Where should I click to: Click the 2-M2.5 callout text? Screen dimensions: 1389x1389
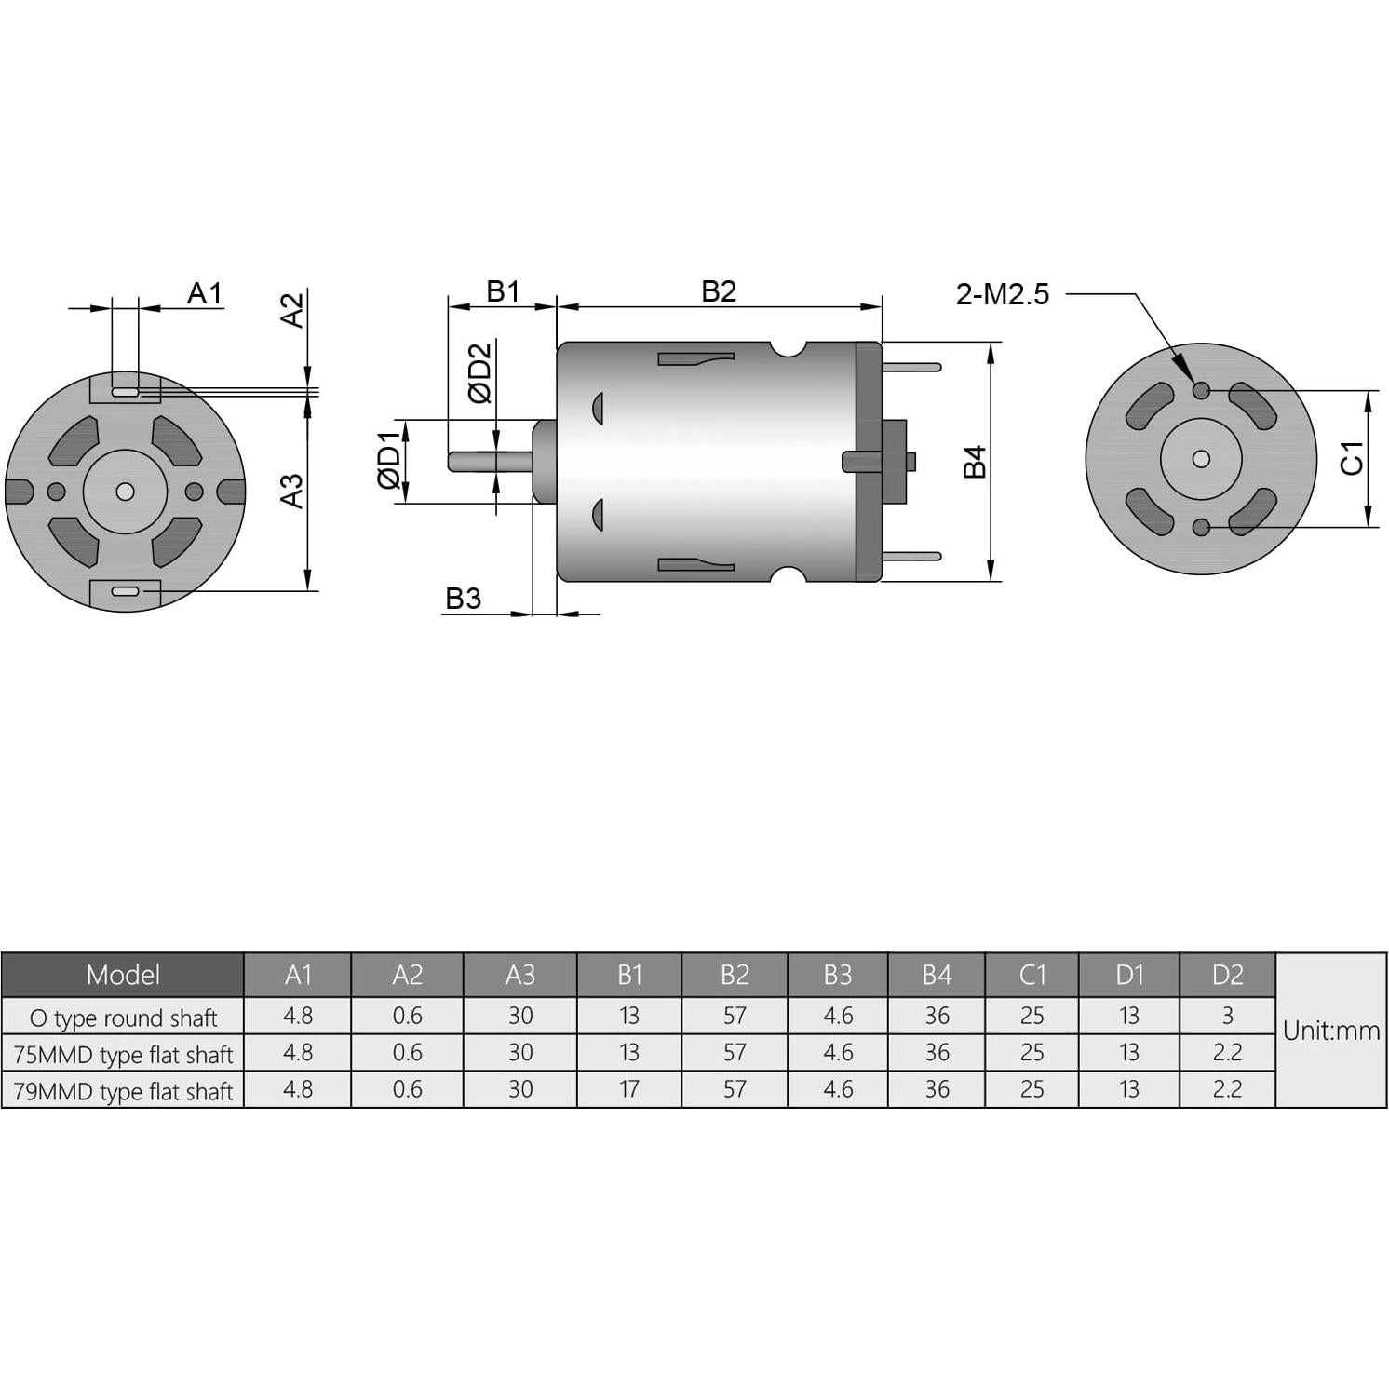tap(1002, 294)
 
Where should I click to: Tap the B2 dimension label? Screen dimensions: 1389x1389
tap(719, 291)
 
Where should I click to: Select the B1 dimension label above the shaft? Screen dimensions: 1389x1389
tap(503, 291)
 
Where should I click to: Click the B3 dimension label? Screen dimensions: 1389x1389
tap(463, 598)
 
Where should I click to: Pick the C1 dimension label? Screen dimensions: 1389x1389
tap(1352, 457)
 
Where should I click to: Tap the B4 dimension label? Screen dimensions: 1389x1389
tap(974, 462)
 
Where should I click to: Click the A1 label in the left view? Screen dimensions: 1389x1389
tap(205, 293)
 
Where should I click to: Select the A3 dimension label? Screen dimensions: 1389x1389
tap(292, 491)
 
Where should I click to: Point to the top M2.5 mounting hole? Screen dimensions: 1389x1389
tap(1201, 390)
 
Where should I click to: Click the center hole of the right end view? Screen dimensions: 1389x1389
tap(1201, 459)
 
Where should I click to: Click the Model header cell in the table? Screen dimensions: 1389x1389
tap(123, 975)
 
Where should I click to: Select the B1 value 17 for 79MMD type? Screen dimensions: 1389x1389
tap(629, 1088)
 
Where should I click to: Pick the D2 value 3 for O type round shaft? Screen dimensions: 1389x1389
tap(1227, 1015)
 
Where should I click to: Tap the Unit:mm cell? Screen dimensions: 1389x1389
tap(1330, 1031)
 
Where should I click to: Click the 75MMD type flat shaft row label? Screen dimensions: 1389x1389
tap(123, 1055)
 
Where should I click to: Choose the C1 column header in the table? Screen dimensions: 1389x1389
tap(1032, 975)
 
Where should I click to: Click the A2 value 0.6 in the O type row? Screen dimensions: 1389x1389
tap(408, 1015)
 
